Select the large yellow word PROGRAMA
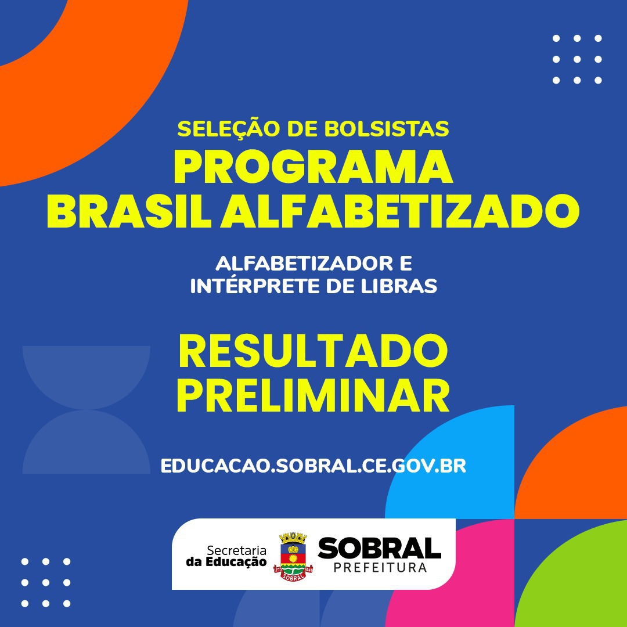click(313, 167)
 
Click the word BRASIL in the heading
click(129, 211)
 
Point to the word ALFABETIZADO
click(400, 211)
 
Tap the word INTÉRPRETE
click(254, 286)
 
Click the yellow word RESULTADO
click(313, 351)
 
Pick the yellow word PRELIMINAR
click(313, 395)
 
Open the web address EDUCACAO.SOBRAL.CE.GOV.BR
click(313, 466)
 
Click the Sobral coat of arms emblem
click(293, 557)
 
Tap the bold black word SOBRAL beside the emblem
click(379, 548)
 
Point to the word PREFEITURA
click(380, 568)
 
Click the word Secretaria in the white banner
click(237, 550)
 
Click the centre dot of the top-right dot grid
click(577, 59)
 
